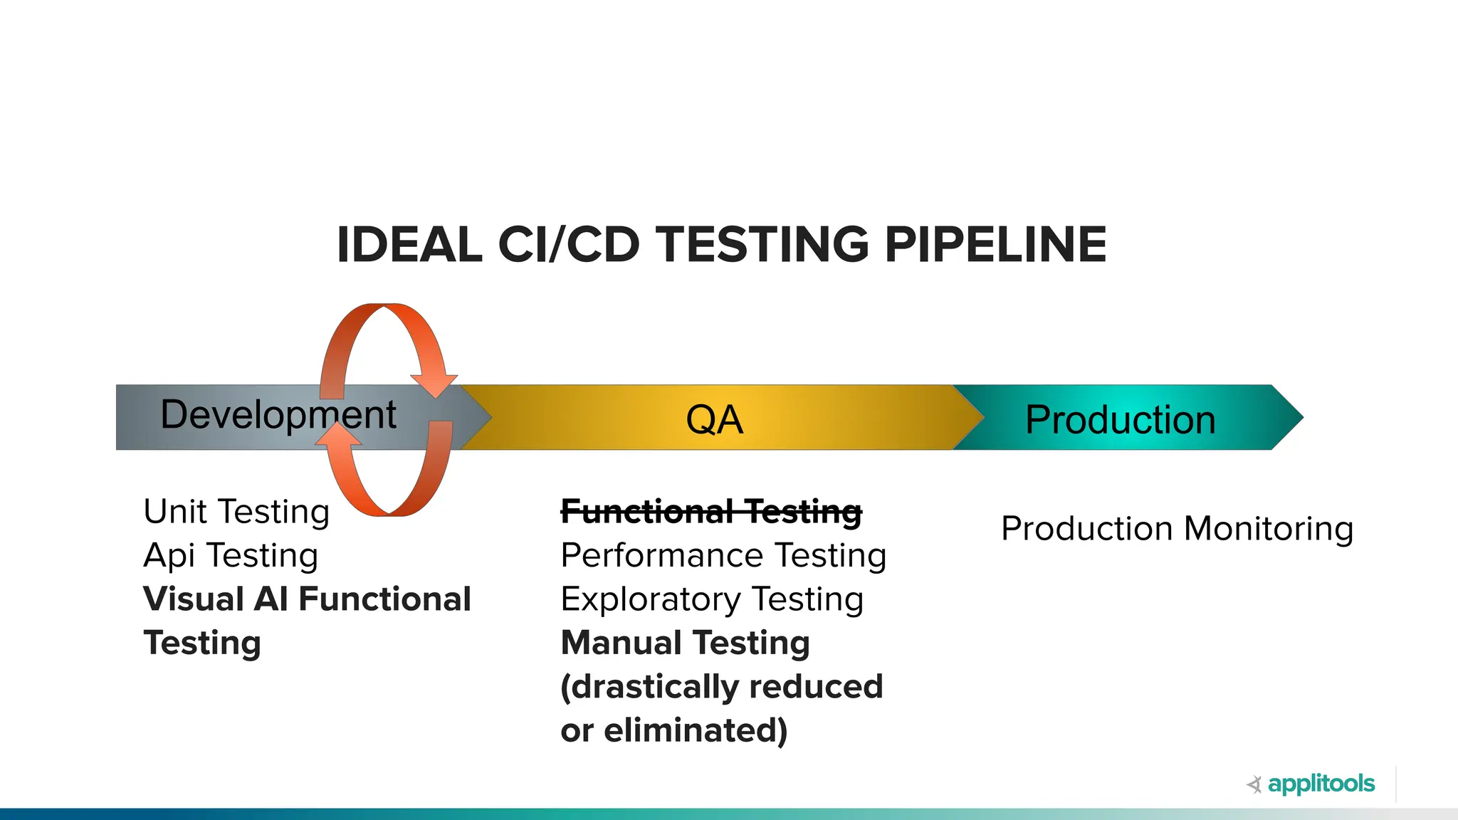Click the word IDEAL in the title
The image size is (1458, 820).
click(x=409, y=245)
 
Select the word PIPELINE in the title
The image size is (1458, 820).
click(x=995, y=245)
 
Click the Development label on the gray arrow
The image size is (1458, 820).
click(x=278, y=415)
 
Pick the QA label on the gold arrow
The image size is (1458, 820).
click(x=714, y=419)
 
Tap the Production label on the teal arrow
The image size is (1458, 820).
click(x=1120, y=419)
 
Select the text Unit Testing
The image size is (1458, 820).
click(x=236, y=512)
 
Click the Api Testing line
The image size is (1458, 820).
click(x=231, y=556)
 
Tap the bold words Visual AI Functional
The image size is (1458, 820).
click(x=307, y=599)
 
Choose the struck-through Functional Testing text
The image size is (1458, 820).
click(x=711, y=512)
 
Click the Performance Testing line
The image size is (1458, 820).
click(x=723, y=556)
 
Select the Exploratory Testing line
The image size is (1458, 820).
click(x=712, y=599)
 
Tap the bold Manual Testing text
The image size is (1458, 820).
click(x=685, y=643)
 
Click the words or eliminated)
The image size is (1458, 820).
click(x=673, y=731)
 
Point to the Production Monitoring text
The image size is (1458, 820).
click(x=1177, y=529)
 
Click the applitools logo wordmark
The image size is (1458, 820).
click(x=1321, y=784)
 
